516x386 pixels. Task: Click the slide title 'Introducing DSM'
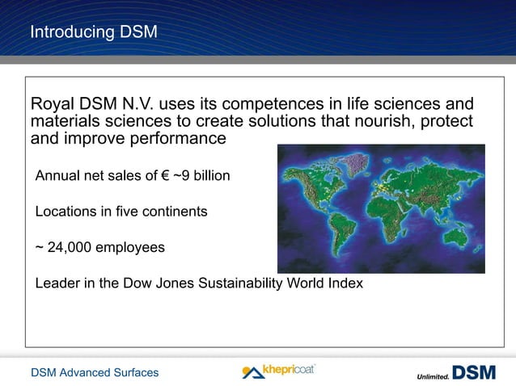point(93,32)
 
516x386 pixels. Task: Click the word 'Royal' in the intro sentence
point(51,105)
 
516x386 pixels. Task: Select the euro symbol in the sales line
point(164,175)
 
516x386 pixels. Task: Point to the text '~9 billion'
point(201,175)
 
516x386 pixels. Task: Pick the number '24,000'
point(70,247)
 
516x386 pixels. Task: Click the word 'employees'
point(130,247)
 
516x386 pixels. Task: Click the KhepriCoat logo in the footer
point(279,371)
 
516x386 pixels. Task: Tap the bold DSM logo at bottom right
point(474,373)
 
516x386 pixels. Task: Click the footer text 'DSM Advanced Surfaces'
point(95,372)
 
